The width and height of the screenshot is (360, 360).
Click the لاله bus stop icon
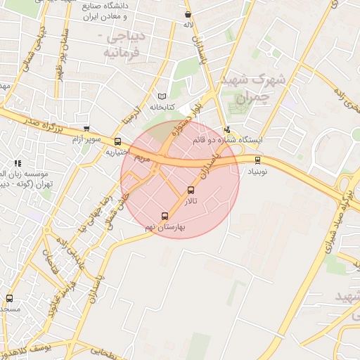187,14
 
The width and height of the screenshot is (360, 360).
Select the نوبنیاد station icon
257,160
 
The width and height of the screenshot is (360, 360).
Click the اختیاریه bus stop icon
117,141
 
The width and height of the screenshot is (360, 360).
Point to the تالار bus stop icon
191,191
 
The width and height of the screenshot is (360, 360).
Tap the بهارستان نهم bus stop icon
165,216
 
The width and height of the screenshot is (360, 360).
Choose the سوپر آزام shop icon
86,129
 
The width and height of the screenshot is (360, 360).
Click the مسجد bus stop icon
8,298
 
